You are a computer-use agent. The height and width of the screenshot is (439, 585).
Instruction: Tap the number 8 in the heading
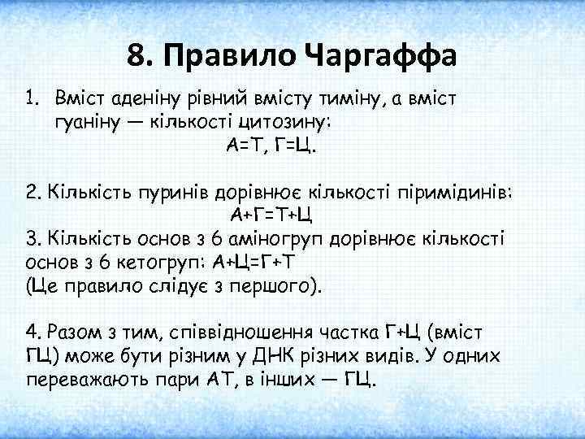[136, 56]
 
